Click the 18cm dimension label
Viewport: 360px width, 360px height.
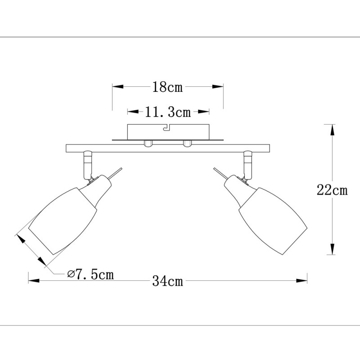(167, 87)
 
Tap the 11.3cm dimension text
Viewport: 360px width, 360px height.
(168, 112)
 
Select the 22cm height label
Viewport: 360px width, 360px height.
(332, 190)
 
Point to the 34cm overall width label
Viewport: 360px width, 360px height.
(167, 282)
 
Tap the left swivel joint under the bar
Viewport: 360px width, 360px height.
(87, 164)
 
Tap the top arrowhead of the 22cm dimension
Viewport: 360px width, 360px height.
(332, 129)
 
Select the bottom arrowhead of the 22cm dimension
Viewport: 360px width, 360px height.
(332, 249)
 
